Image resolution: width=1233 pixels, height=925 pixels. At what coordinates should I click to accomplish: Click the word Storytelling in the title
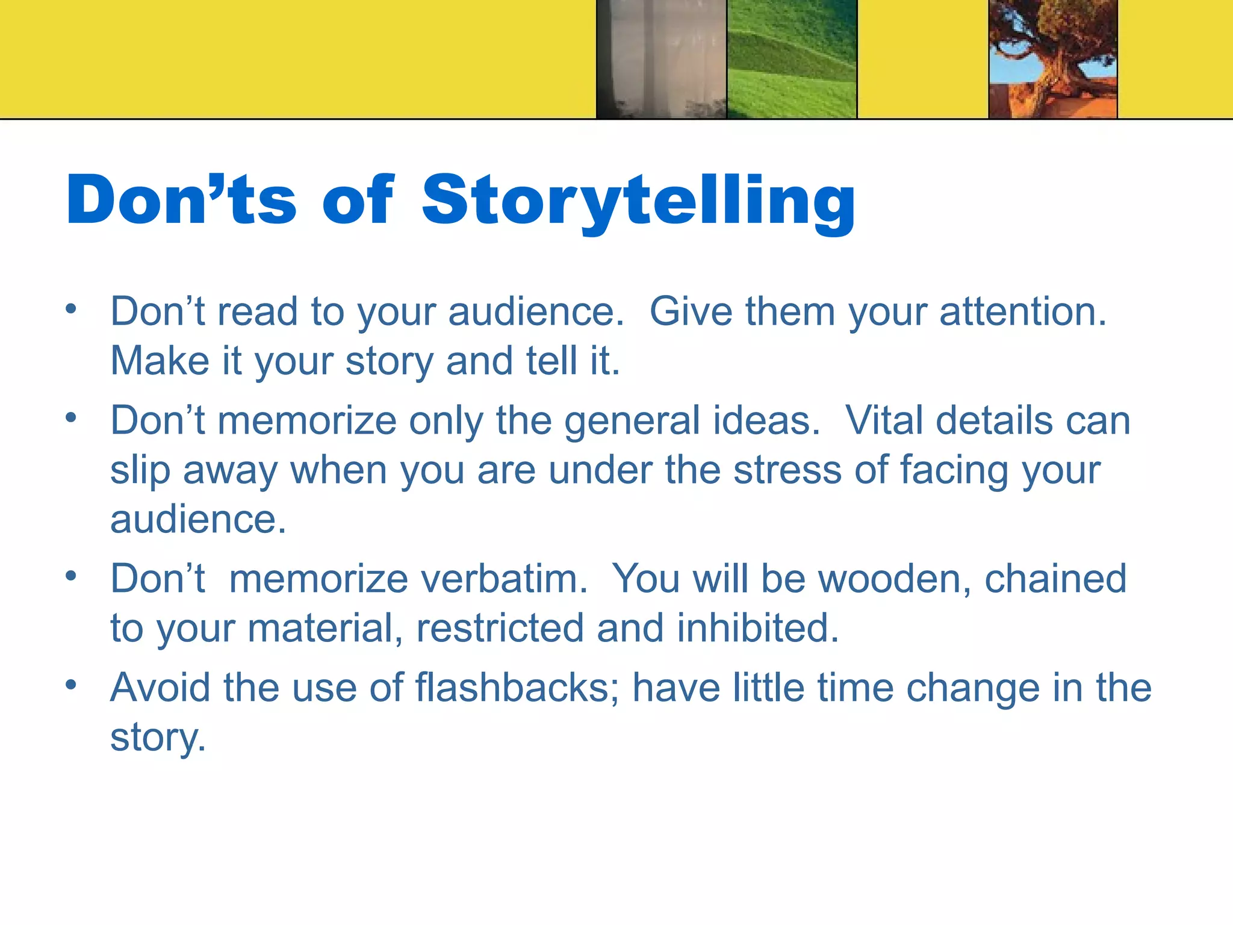coord(638,202)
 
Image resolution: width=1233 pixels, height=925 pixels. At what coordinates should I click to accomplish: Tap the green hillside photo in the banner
coord(792,59)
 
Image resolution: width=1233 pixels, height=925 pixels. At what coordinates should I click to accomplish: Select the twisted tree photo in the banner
coord(1053,59)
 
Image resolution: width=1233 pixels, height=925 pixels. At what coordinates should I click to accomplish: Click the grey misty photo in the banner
coord(661,59)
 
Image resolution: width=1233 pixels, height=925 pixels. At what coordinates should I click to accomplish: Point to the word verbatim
coord(503,579)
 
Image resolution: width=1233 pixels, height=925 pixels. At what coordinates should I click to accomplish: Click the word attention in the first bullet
coord(1022,312)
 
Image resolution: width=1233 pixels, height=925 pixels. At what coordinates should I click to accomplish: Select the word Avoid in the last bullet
coord(160,688)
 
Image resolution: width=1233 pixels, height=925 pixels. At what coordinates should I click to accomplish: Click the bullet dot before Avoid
coord(71,685)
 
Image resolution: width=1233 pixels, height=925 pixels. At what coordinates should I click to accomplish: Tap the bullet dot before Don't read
coord(71,309)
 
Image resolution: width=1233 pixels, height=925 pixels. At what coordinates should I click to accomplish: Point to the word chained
coord(1055,579)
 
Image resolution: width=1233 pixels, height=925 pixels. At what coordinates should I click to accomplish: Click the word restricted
coord(500,629)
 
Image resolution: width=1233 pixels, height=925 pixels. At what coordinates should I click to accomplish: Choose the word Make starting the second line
coord(160,361)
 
